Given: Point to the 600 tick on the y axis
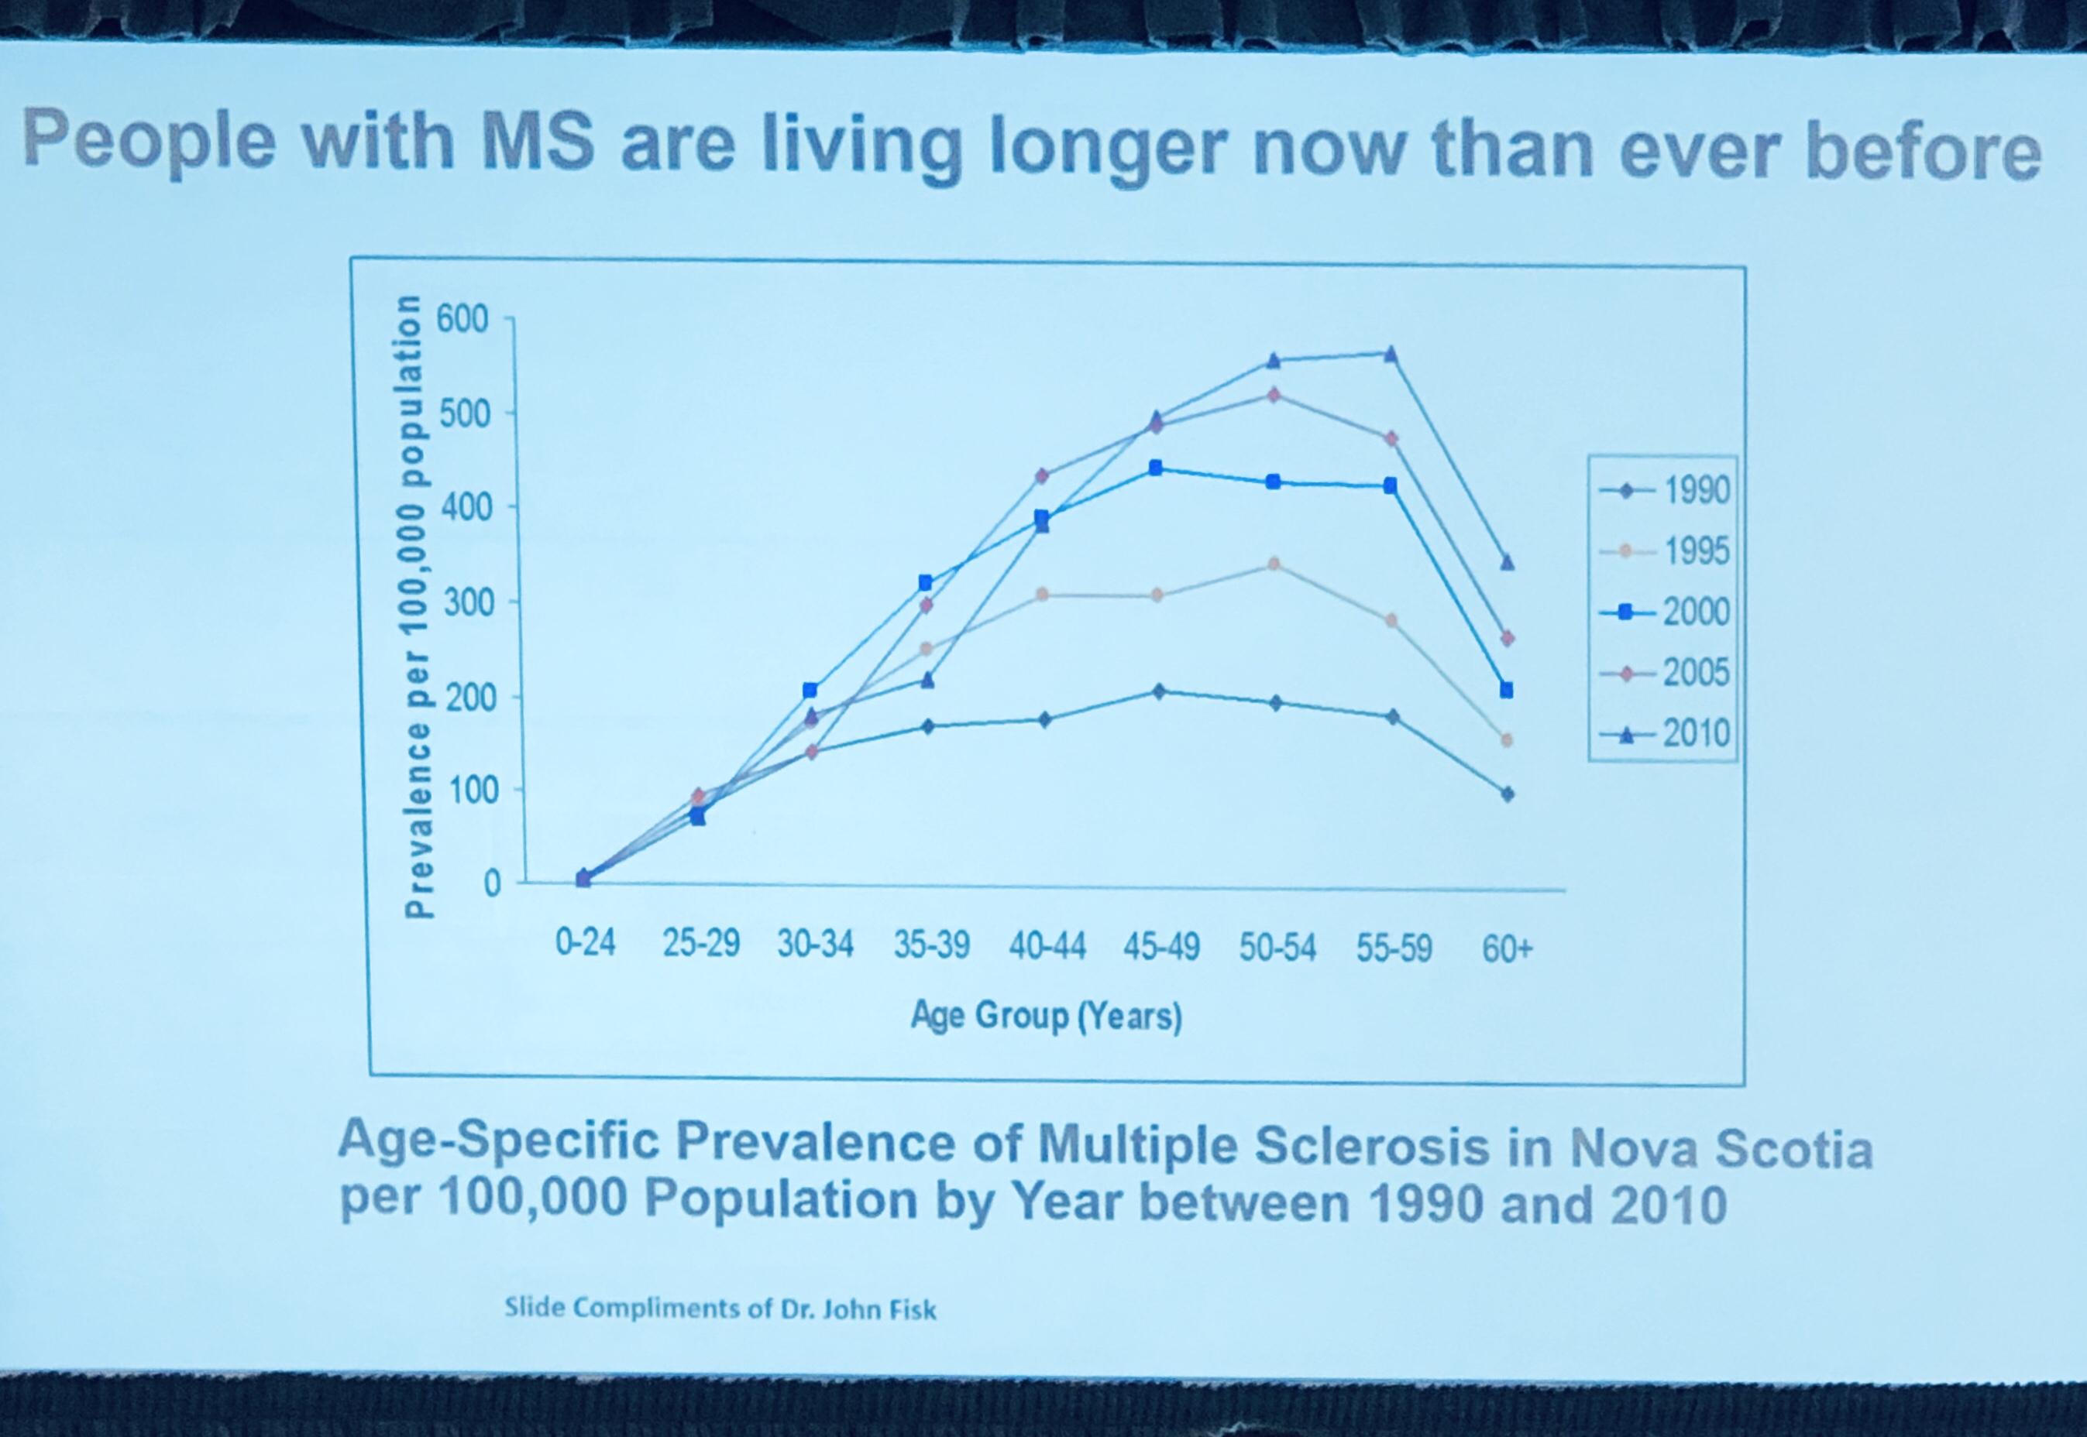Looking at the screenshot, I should pos(462,319).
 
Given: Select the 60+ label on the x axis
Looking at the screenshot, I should pos(1507,949).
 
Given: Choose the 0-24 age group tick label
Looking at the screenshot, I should pos(586,943).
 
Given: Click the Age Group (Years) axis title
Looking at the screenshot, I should pos(1046,1016).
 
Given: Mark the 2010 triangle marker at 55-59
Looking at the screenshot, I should pos(1391,354).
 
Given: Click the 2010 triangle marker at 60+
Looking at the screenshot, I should pos(1507,563).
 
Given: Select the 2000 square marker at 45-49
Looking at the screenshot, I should pos(1156,468).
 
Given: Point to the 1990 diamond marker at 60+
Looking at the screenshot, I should pos(1507,794).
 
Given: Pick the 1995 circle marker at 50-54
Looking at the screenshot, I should pos(1274,564).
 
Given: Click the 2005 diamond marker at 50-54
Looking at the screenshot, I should pos(1274,394).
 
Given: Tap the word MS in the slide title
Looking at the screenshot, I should pos(538,142).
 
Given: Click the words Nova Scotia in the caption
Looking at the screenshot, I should pos(1721,1148).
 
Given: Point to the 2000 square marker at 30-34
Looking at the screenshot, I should pos(810,691).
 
